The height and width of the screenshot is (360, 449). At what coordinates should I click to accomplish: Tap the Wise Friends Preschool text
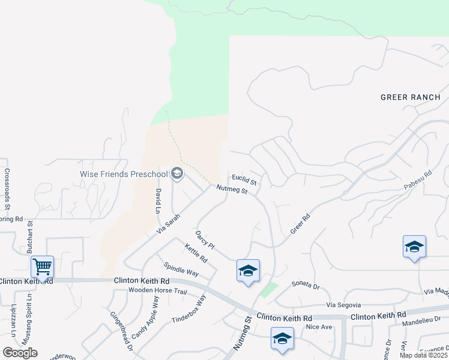pyautogui.click(x=124, y=174)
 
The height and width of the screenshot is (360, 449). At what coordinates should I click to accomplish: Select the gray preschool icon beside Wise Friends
pyautogui.click(x=177, y=174)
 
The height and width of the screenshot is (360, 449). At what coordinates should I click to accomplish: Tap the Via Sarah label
pyautogui.click(x=168, y=224)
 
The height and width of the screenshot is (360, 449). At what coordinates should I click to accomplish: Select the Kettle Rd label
pyautogui.click(x=196, y=255)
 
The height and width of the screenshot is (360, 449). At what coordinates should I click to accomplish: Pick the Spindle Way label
pyautogui.click(x=181, y=268)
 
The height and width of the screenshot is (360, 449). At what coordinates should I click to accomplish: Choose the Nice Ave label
pyautogui.click(x=319, y=327)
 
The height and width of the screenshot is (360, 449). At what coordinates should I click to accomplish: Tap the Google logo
pyautogui.click(x=20, y=353)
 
